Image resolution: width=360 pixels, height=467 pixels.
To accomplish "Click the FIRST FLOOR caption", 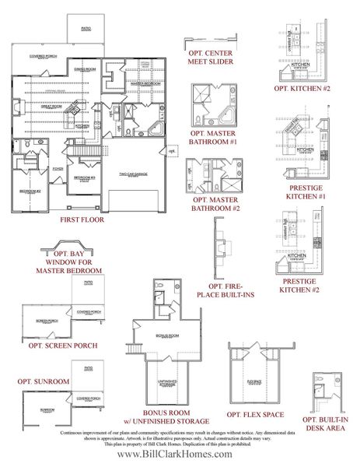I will tap(82, 220).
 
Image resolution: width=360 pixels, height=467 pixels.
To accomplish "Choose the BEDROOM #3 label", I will tap(84, 177).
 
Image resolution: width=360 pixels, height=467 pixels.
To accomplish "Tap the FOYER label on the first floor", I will tap(36, 167).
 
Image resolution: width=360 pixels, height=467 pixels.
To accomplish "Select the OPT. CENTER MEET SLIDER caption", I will tap(211, 58).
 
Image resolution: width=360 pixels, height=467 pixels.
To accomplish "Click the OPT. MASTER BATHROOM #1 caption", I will tap(212, 138).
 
